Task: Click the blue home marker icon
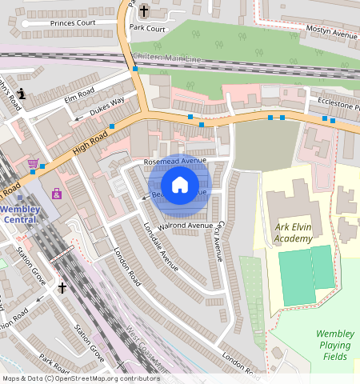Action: pos(180,186)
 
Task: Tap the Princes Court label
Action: pos(73,23)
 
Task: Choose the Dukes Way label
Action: pos(106,105)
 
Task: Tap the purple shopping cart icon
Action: pos(33,164)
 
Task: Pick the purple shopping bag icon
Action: pos(56,194)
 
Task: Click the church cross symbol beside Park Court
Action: pos(144,10)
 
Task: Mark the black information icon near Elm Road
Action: pos(22,94)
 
